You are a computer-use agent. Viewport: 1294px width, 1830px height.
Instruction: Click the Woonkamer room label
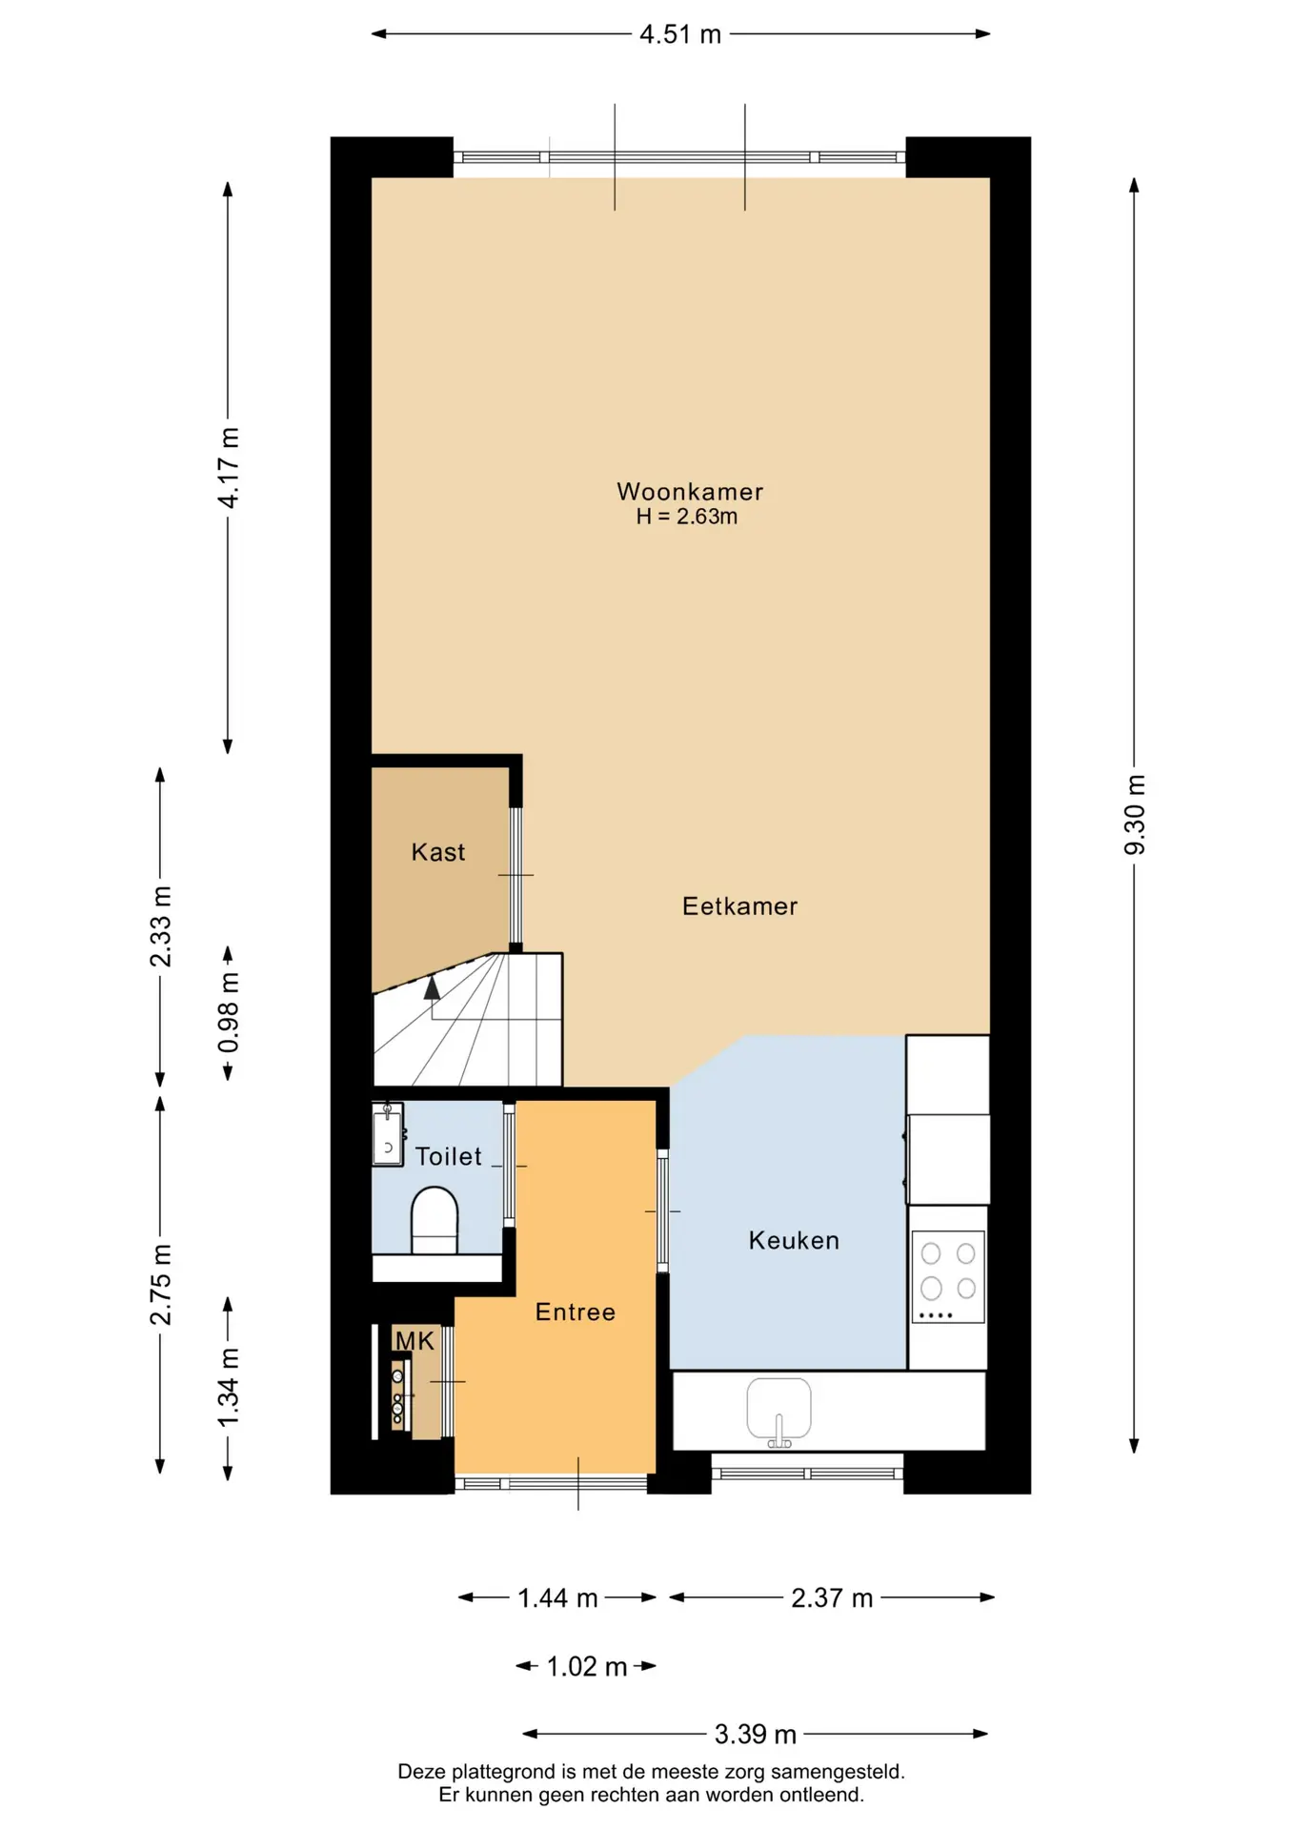click(x=690, y=492)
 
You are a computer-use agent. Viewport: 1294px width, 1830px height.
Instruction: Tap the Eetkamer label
click(x=739, y=906)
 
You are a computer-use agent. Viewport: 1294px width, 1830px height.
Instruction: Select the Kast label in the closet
click(x=438, y=852)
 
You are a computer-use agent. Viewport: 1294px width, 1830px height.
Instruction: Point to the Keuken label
click(x=794, y=1240)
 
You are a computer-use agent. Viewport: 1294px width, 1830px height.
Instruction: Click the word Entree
click(x=575, y=1312)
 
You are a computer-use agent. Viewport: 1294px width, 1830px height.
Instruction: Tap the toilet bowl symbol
click(x=435, y=1220)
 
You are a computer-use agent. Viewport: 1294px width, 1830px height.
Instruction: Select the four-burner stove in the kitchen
click(x=948, y=1277)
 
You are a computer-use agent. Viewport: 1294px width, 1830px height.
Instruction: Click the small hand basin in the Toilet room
click(x=388, y=1134)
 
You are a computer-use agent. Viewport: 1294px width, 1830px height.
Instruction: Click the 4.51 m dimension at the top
click(x=680, y=34)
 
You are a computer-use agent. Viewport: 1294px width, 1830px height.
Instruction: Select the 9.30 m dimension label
click(x=1134, y=815)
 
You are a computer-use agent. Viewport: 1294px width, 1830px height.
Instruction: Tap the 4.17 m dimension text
click(x=229, y=468)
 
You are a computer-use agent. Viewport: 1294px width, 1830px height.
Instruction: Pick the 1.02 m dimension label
click(x=587, y=1666)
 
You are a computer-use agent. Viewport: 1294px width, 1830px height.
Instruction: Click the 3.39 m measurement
click(x=756, y=1734)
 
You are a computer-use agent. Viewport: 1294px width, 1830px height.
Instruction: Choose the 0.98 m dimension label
click(x=229, y=1012)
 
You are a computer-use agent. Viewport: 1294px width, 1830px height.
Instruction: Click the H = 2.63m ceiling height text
click(x=687, y=517)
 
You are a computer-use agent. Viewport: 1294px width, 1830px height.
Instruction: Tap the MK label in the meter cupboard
click(x=414, y=1341)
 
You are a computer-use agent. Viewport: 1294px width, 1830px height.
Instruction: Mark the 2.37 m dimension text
click(x=832, y=1597)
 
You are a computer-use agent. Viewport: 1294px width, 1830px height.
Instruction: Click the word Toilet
click(x=448, y=1156)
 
